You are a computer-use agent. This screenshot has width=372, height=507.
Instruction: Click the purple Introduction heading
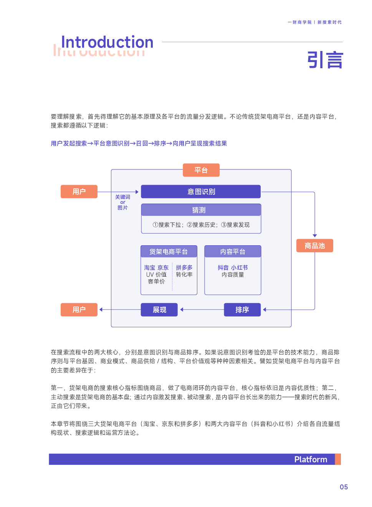point(107,42)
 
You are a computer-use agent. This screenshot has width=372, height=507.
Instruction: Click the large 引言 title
point(325,60)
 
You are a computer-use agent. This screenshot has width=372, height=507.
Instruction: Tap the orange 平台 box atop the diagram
point(201,170)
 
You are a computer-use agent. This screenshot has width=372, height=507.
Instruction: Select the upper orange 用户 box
point(79,192)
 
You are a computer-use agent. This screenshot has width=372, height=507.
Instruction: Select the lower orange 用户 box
point(79,310)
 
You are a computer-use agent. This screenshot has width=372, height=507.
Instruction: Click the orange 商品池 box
point(314,246)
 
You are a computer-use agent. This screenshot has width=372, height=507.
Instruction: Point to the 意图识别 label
point(201,192)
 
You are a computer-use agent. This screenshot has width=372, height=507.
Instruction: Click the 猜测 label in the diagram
point(199,210)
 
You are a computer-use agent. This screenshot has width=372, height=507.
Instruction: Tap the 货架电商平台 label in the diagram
point(169,252)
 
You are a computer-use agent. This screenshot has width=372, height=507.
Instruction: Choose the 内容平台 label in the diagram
point(233,252)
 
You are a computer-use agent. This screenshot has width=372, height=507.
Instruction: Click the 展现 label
point(160,310)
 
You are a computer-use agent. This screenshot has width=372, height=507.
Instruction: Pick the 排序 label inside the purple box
point(242,310)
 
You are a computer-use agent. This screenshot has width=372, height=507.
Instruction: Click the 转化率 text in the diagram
point(184,274)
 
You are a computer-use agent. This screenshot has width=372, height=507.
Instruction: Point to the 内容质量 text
point(233,274)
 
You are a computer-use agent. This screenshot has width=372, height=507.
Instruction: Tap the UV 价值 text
point(156,274)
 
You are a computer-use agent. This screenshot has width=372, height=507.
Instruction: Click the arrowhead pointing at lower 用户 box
point(101,310)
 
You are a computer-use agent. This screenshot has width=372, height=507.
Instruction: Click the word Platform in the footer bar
point(311,459)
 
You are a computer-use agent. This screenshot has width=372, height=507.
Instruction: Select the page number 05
point(344,487)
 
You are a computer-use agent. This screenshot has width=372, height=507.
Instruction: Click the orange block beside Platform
point(338,459)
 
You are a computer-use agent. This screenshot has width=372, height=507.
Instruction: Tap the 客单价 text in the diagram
point(156,281)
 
